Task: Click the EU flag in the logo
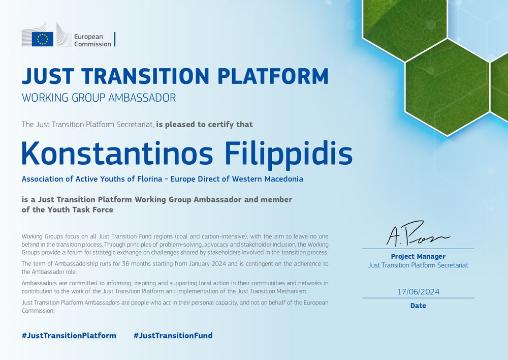43,39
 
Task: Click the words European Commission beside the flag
92,40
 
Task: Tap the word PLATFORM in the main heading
273,77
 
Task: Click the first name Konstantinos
117,153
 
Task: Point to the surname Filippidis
289,155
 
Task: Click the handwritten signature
418,233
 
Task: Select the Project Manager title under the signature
418,257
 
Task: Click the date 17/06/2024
418,292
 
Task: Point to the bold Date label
418,306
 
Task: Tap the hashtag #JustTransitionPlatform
69,336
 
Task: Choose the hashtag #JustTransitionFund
173,336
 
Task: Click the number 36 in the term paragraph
125,264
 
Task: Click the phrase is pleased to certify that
204,125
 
